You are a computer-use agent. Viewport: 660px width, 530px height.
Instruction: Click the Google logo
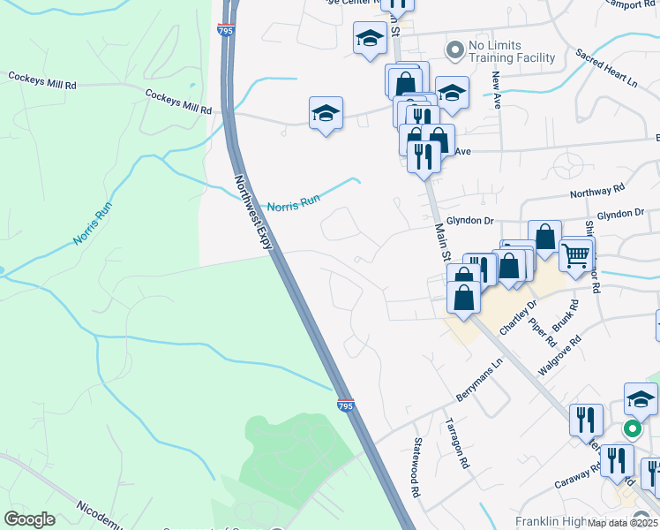[x=29, y=519]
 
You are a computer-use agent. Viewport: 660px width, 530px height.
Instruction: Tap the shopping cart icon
[x=575, y=256]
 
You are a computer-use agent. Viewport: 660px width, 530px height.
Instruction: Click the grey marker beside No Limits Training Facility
[x=455, y=50]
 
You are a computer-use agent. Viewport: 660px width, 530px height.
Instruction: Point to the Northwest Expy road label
[x=253, y=212]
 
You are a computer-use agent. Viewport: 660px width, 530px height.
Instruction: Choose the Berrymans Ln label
[x=479, y=375]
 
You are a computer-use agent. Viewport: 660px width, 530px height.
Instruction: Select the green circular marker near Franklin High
[x=633, y=430]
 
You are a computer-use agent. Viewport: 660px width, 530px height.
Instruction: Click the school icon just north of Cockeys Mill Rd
[x=326, y=113]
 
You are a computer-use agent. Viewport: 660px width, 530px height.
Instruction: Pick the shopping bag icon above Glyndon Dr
[x=545, y=237]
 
